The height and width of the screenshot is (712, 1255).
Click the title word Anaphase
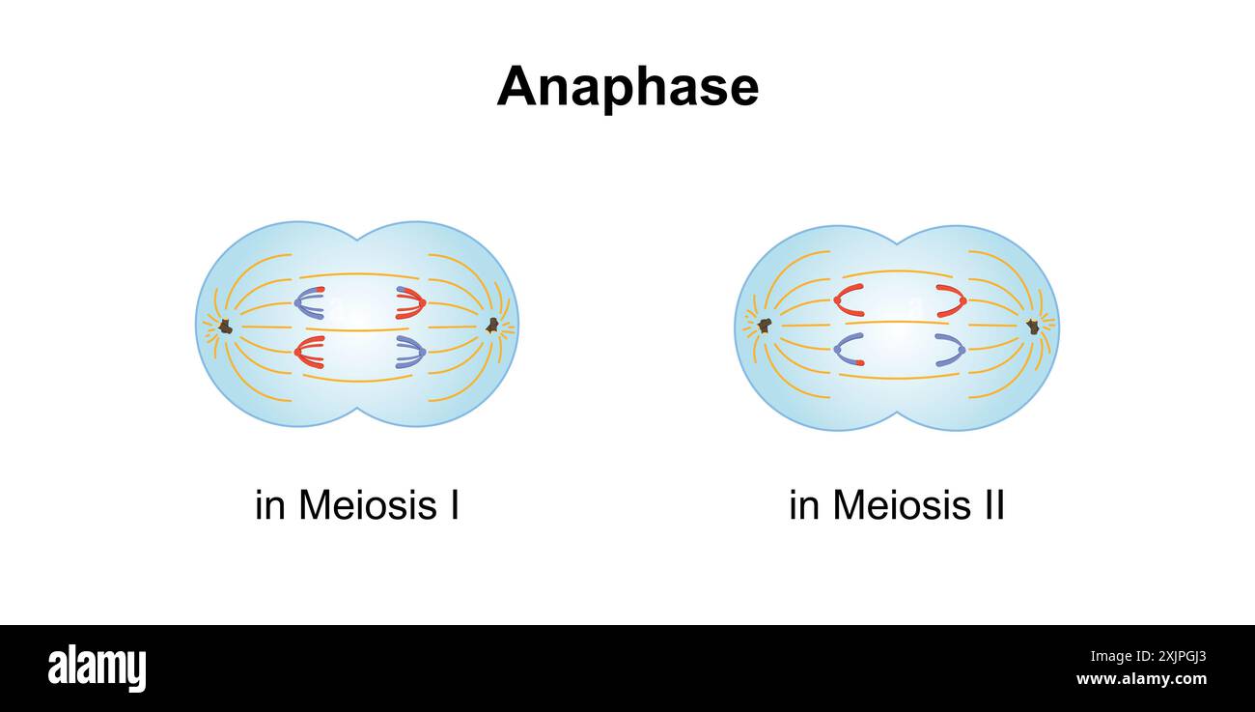[x=627, y=87]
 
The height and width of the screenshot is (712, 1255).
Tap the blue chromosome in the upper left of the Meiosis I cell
[x=308, y=302]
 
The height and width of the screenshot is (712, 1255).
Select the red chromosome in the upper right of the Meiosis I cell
[x=411, y=302]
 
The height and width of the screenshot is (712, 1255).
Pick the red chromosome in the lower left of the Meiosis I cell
[x=308, y=352]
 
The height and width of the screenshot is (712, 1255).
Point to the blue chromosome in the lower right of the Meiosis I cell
[x=411, y=352]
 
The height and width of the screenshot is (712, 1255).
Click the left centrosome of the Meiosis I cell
[x=225, y=327]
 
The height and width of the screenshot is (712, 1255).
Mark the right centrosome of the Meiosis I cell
[x=491, y=326]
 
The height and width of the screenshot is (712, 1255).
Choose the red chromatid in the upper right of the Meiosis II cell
[x=952, y=300]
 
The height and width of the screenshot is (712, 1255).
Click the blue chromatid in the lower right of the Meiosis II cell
[x=952, y=349]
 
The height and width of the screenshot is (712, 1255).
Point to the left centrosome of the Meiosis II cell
[x=764, y=326]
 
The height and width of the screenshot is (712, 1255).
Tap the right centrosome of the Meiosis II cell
[x=1032, y=327]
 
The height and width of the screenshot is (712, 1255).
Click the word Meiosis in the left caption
[x=366, y=505]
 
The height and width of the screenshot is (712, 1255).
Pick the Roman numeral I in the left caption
[x=453, y=505]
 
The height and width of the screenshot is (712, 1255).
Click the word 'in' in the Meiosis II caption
[x=804, y=505]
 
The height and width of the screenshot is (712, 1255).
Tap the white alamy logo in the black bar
[x=97, y=669]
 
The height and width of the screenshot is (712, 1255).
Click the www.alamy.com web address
[x=1141, y=679]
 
